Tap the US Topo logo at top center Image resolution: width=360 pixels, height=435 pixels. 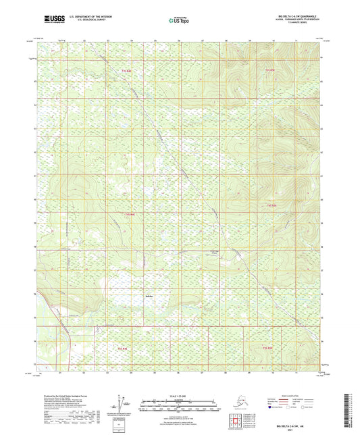179,21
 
